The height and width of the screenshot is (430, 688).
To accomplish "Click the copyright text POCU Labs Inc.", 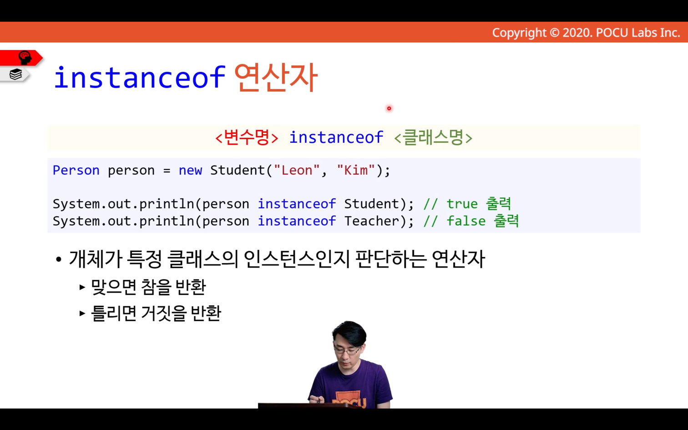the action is click(x=638, y=33).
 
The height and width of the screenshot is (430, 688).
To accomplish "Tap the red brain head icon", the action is click(x=25, y=58).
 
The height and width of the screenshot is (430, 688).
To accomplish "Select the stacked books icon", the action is click(x=15, y=74).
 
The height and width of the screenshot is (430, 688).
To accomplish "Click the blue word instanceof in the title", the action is click(x=140, y=77).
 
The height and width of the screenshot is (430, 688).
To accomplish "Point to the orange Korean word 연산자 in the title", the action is click(x=275, y=77).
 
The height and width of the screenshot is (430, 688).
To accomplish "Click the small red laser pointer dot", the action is click(x=389, y=108).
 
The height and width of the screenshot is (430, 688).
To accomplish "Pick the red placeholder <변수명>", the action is click(x=247, y=137).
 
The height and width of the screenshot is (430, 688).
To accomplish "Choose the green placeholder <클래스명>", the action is click(x=433, y=137).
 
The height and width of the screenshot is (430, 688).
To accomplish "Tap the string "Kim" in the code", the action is click(x=356, y=170).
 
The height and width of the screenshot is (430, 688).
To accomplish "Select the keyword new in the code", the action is click(x=190, y=171).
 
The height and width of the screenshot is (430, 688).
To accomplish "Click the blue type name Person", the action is click(x=76, y=170).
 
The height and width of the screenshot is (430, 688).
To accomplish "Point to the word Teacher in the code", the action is click(x=371, y=221).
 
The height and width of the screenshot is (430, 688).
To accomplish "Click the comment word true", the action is click(x=462, y=204).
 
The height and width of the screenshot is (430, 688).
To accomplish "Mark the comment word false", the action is click(x=466, y=221).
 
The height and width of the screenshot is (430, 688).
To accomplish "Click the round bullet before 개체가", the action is click(x=58, y=260).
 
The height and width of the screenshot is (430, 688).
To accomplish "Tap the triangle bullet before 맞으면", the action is click(x=82, y=287).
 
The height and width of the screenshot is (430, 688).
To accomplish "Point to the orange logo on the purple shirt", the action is click(x=349, y=400).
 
